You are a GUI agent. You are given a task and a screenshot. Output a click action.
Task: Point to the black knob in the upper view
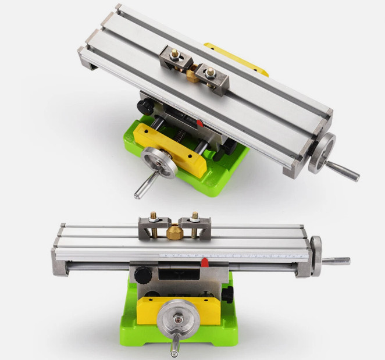144,106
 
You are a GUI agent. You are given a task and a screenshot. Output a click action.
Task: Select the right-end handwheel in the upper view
322,152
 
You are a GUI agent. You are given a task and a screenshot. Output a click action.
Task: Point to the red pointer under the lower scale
204,263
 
